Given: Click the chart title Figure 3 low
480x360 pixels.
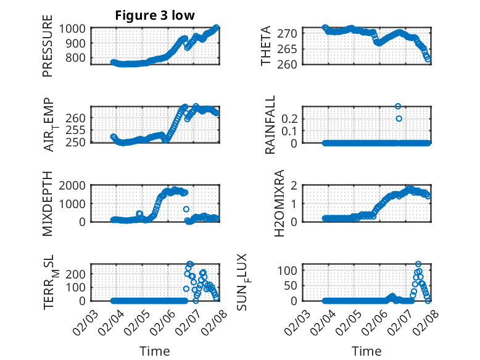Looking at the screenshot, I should coord(155,15).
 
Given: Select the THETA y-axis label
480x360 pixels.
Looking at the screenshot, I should coord(266,46).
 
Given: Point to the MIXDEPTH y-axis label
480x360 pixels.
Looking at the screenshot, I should coord(48,203).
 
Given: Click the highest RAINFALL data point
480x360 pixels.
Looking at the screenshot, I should coord(398,106).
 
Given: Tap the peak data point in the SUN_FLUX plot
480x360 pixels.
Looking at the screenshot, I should coord(418,264).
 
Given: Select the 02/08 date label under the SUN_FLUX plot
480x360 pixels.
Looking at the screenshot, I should coord(421,319).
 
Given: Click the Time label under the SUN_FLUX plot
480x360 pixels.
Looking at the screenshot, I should coord(366,351).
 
